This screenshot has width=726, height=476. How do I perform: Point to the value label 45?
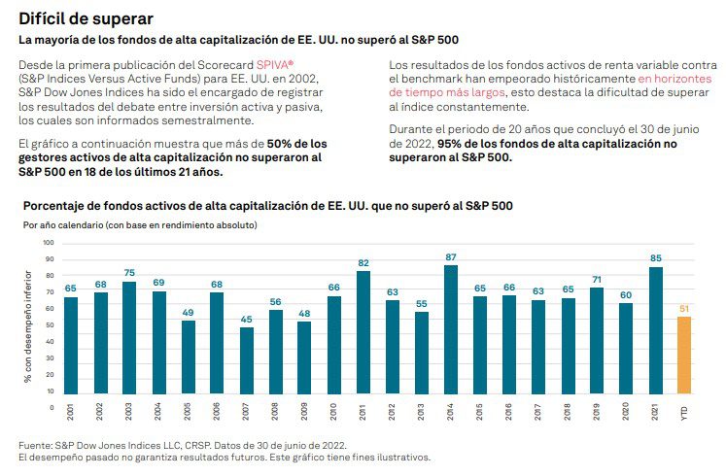pyautogui.click(x=247, y=319)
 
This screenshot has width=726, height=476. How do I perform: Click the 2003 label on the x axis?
pyautogui.click(x=129, y=412)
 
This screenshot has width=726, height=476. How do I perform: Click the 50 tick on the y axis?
pyautogui.click(x=50, y=319)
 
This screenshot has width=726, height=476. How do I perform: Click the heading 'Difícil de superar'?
pyautogui.click(x=86, y=18)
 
